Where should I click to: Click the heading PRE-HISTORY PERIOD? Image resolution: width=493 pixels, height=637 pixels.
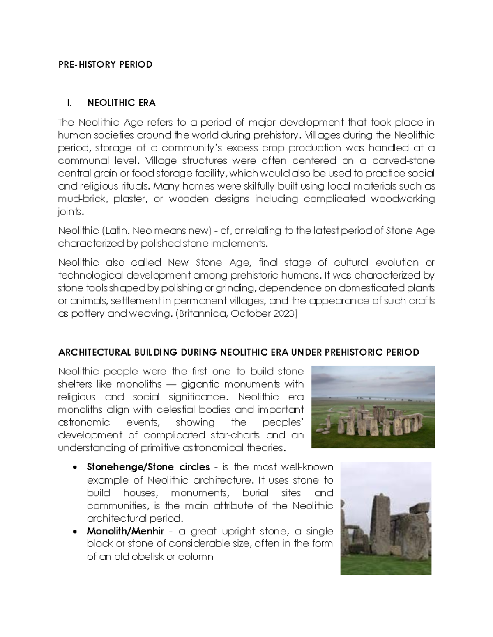(105, 64)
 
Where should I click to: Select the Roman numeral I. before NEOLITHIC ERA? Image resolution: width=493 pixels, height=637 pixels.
(69, 103)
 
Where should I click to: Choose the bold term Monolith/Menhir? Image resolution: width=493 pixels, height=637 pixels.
(125, 531)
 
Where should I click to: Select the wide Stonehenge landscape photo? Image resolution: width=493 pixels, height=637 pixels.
(373, 407)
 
